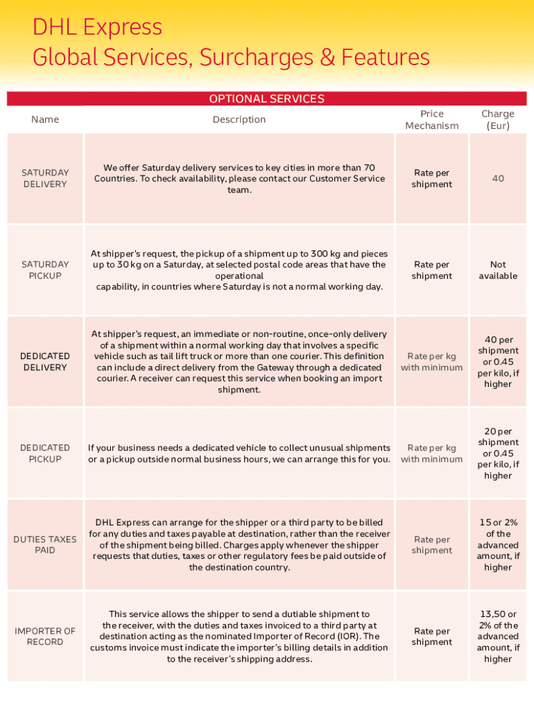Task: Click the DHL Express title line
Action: (97, 28)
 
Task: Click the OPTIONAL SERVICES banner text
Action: (266, 99)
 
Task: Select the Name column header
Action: (45, 119)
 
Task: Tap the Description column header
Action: (239, 119)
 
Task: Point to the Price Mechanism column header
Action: (431, 119)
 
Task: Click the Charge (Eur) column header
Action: (498, 119)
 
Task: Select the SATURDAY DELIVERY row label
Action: (45, 178)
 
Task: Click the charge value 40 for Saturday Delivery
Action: (498, 178)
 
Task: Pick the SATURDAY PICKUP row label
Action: (45, 270)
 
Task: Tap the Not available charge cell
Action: (498, 270)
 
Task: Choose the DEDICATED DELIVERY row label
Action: (45, 361)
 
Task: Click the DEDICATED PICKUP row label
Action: (45, 453)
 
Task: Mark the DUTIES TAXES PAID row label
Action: (45, 544)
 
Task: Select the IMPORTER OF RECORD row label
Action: (45, 636)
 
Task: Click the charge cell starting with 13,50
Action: (498, 636)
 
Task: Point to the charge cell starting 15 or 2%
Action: (498, 544)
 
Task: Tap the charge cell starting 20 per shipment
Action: (498, 453)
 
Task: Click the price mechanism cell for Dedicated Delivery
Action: (431, 361)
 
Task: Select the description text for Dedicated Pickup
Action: (239, 453)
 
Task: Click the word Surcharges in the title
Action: (255, 58)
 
